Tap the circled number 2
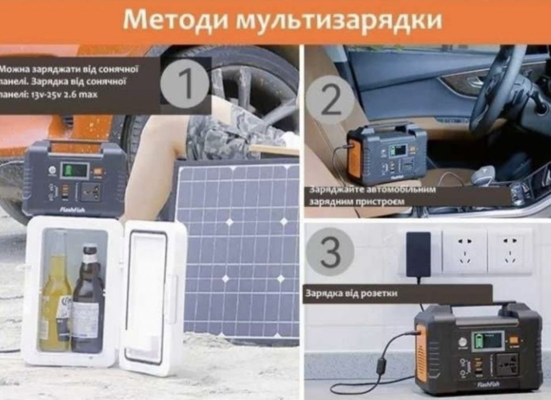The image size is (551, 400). (x=331, y=101)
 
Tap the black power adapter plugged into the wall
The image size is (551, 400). (x=419, y=255)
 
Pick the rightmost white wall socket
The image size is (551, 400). (x=509, y=251)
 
